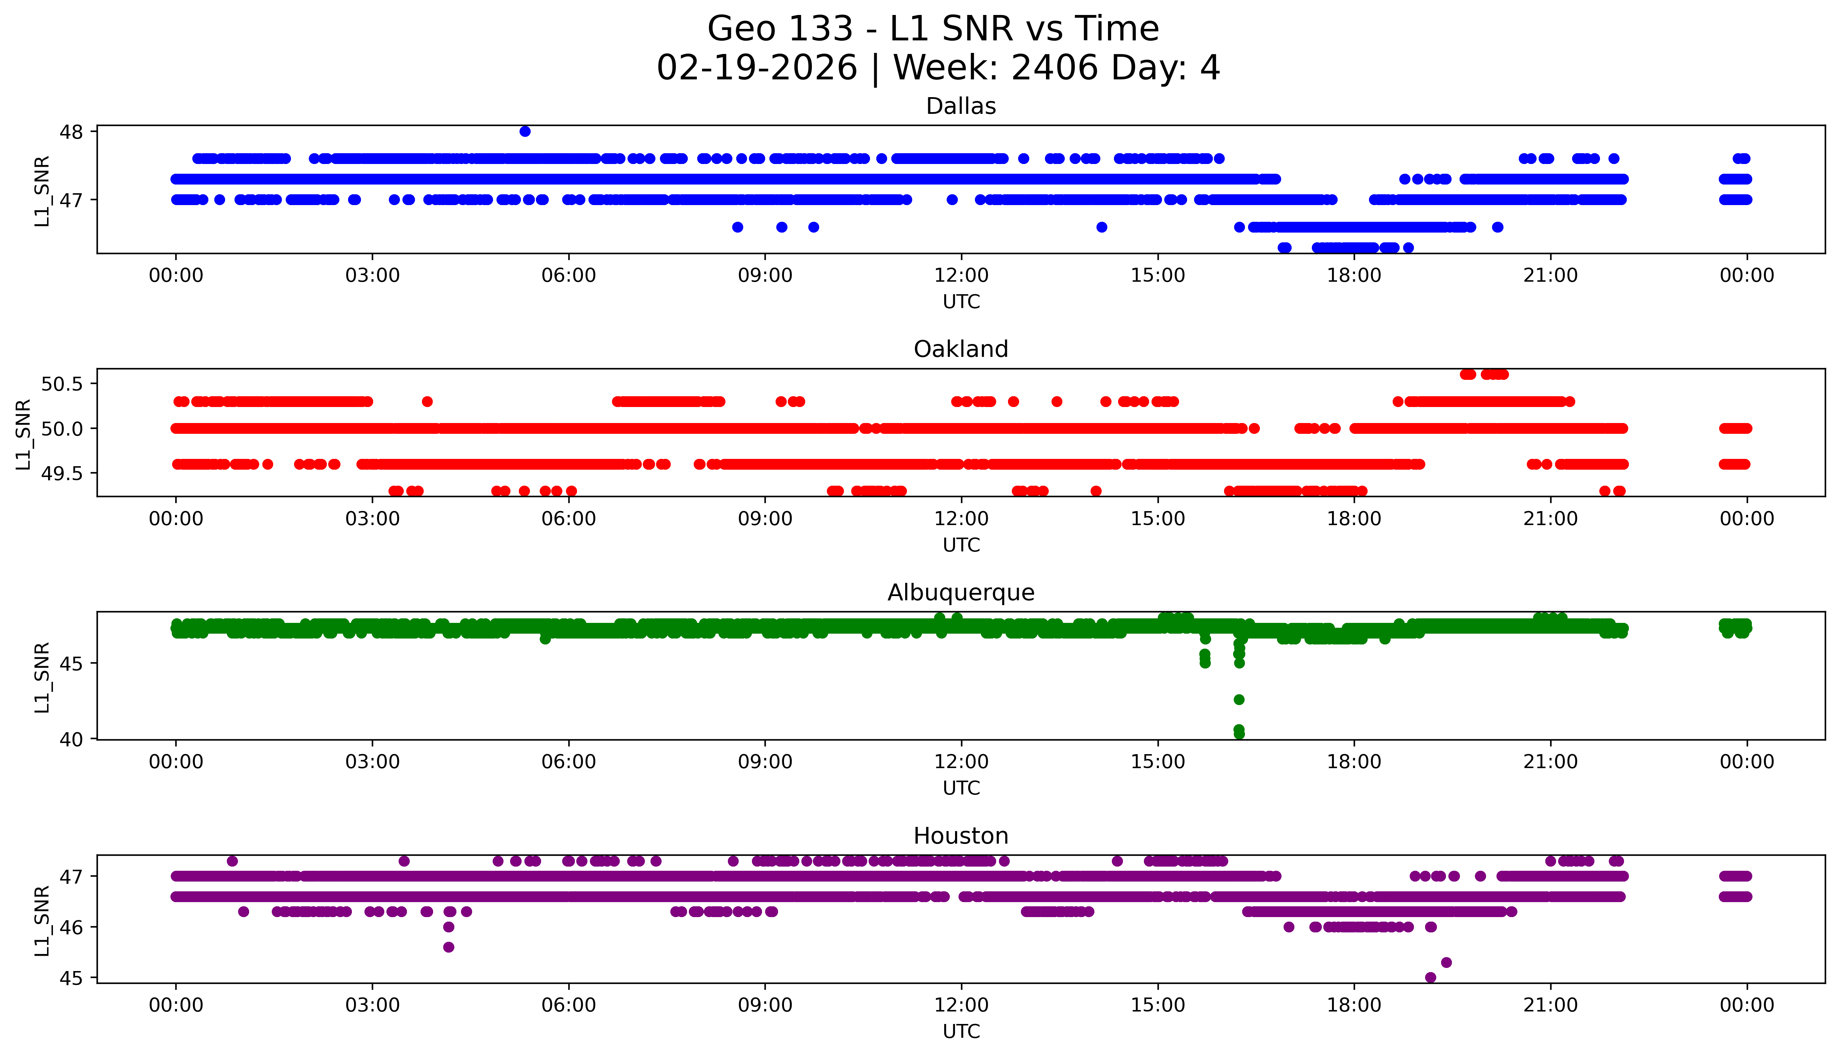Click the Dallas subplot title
961,107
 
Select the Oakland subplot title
961,350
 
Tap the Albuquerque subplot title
961,593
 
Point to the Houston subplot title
961,836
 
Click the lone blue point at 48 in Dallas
525,131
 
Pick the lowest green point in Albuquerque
1239,734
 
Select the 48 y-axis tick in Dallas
72,132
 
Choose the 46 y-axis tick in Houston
72,927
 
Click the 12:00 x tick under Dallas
961,276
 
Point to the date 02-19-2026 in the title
757,68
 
